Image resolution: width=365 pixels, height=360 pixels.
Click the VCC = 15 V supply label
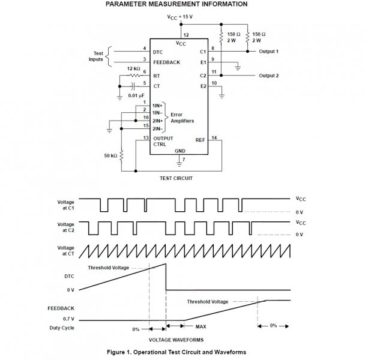pos(180,17)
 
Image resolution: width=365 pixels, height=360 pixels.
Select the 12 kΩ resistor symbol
pos(135,76)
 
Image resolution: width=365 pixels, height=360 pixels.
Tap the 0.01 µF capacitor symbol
pos(133,86)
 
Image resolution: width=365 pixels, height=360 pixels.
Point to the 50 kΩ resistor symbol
pos(121,155)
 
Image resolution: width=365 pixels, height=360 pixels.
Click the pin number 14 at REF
pos(214,138)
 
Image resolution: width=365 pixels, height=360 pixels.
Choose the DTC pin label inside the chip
pos(158,52)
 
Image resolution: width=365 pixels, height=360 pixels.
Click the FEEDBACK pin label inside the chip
pos(167,62)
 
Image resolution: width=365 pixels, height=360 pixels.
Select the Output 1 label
pos(268,52)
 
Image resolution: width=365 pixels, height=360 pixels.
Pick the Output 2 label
pos(268,76)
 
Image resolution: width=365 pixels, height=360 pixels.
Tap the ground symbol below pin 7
pos(179,164)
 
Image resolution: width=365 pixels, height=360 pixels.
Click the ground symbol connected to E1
pos(238,68)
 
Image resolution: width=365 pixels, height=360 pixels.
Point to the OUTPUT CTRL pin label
pos(163,141)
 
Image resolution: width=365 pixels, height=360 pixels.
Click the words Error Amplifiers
pos(182,118)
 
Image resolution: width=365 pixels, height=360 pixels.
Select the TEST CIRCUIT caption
pos(176,178)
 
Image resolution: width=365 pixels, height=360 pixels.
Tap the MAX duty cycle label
pos(201,327)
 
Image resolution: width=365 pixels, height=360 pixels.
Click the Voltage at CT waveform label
pos(65,251)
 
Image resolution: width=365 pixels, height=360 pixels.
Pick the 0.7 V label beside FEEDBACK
pos(68,319)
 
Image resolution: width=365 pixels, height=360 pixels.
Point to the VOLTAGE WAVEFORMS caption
pos(176,340)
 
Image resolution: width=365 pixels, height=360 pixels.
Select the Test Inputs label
pos(96,56)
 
